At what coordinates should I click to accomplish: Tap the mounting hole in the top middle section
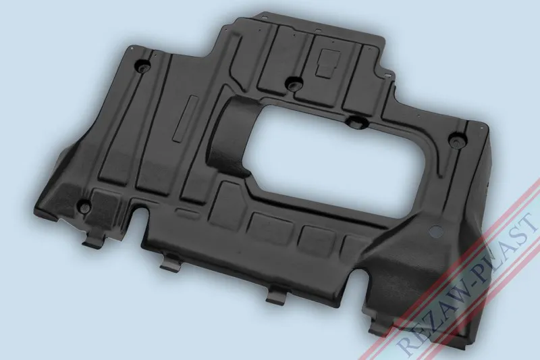[x=292, y=84]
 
